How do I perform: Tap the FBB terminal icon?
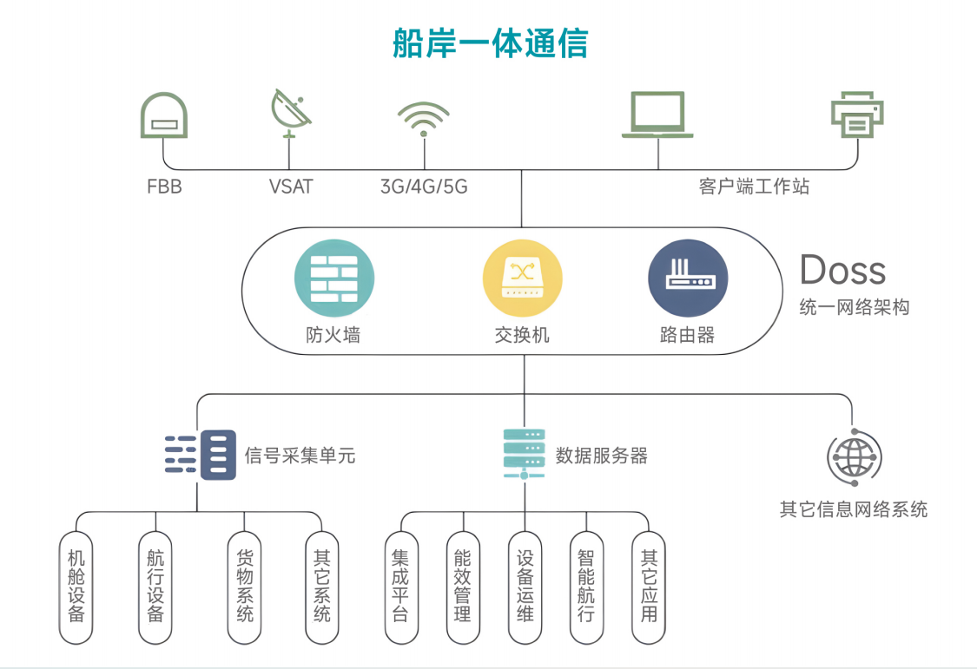[x=164, y=115]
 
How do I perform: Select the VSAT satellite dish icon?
[x=290, y=113]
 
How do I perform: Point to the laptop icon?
[x=657, y=115]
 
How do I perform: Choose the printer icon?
[x=856, y=114]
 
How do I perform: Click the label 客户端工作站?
[x=754, y=187]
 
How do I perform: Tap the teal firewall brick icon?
[x=334, y=278]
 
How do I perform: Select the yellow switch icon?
[x=523, y=278]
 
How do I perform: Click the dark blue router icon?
[x=688, y=278]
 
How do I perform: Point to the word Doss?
[x=842, y=270]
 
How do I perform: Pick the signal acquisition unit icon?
[x=201, y=455]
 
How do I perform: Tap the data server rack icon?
[x=524, y=454]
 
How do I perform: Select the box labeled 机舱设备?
[x=76, y=587]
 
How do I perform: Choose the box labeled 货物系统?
[x=245, y=587]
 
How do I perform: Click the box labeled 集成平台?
[x=400, y=587]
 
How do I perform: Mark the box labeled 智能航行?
[x=586, y=587]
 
